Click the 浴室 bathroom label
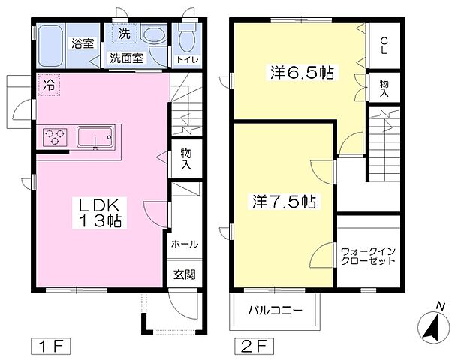(82, 43)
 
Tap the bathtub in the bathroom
(52, 44)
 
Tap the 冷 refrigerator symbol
(48, 85)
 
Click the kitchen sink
(95, 137)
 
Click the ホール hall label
(185, 244)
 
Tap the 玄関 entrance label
(185, 273)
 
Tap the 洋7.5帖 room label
(283, 202)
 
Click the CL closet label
(384, 46)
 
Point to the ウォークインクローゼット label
(367, 256)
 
